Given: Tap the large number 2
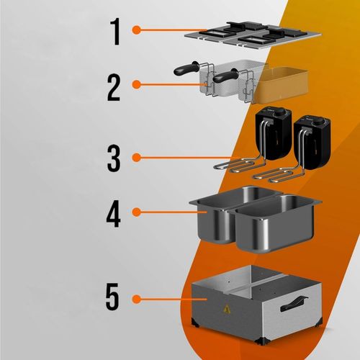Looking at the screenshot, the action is tap(114, 88).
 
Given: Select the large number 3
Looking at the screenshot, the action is tap(114, 158).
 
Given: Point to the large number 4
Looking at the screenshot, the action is tap(113, 213).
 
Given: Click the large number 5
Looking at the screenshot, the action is tap(112, 296).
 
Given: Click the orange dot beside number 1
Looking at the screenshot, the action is tap(136, 30).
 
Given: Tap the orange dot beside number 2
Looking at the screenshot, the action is tap(136, 84).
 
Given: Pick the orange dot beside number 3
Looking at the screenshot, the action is tap(136, 158).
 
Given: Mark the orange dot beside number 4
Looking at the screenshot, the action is tap(136, 212).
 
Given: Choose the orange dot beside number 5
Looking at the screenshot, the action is tap(136, 300).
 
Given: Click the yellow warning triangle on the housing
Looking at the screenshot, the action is tap(227, 310).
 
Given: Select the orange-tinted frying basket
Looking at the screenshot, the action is tap(281, 84).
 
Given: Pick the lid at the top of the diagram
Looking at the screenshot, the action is tap(253, 35).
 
